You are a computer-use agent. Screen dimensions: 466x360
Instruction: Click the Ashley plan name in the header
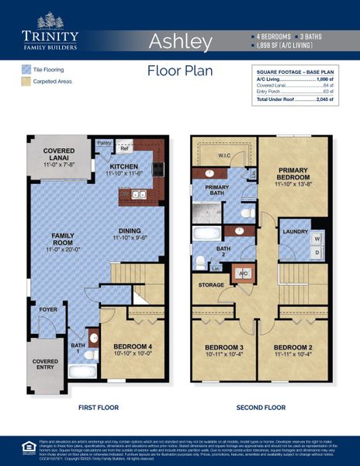(180, 40)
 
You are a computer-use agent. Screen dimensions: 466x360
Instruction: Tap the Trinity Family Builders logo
(50, 31)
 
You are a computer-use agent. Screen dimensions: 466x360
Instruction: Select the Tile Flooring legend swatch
(26, 70)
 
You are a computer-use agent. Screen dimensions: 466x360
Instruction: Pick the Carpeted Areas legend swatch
(26, 81)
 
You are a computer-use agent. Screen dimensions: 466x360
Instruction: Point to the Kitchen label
(124, 167)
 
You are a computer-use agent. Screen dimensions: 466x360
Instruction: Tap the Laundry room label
(296, 231)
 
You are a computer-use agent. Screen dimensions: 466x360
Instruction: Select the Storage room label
(210, 286)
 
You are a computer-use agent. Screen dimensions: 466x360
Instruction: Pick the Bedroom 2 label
(293, 347)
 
